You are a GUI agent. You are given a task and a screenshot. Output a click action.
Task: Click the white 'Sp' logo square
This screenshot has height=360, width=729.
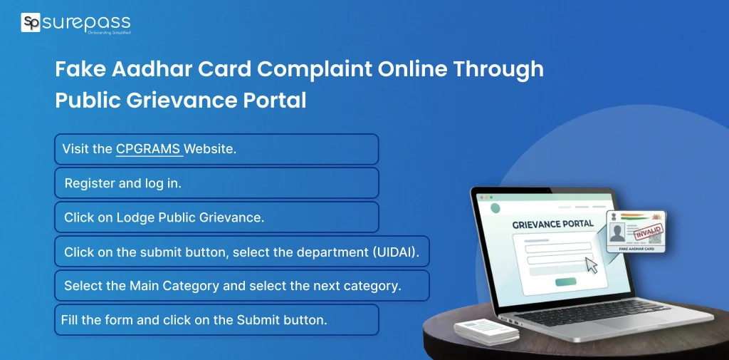point(31,23)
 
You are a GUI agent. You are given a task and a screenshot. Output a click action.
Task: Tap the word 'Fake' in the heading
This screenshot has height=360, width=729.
point(80,69)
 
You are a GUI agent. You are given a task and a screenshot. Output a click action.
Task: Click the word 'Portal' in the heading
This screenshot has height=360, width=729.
point(273,100)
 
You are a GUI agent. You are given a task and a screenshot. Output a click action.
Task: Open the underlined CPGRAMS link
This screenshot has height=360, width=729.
point(148,149)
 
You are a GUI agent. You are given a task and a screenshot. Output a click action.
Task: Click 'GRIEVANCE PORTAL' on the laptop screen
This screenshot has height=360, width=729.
point(552,224)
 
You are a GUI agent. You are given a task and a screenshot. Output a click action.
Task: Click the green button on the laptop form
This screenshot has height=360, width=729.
point(566,282)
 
